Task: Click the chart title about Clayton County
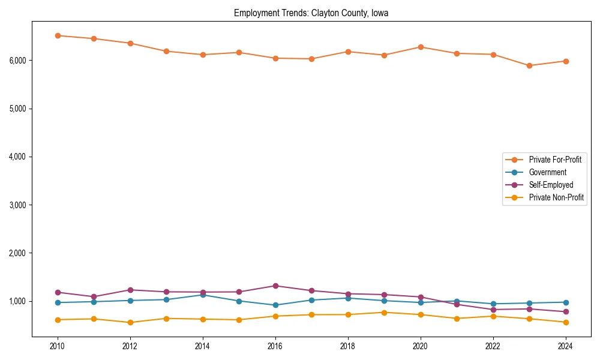point(311,13)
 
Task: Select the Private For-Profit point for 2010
point(58,35)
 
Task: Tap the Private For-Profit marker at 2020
point(421,47)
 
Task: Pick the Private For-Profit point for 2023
point(529,65)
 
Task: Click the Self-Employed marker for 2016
point(275,286)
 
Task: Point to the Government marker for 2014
point(203,295)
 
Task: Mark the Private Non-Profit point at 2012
point(130,322)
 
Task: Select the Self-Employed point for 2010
point(58,292)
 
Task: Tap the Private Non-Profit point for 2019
point(384,312)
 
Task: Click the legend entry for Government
point(547,172)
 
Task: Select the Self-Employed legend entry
point(551,185)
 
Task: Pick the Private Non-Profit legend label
point(556,197)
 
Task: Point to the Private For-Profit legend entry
point(555,160)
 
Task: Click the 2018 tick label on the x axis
point(348,346)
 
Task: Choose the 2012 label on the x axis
point(130,346)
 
